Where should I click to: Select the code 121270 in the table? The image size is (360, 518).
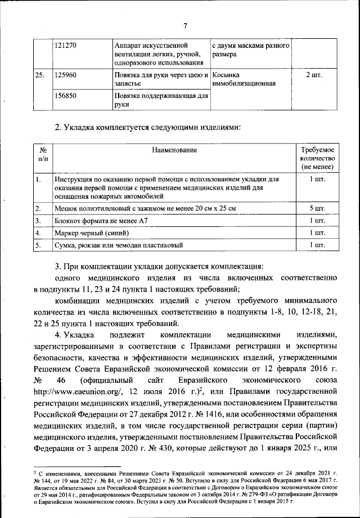(x=65, y=44)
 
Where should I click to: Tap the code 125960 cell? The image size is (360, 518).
(x=65, y=75)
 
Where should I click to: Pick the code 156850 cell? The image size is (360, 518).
(x=65, y=96)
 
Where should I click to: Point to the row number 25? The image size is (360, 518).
(x=40, y=75)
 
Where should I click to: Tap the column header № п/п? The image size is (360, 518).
(x=43, y=155)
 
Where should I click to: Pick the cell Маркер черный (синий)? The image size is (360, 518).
(x=92, y=233)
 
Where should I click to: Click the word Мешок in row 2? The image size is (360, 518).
(x=66, y=209)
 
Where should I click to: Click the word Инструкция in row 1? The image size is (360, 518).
(x=75, y=179)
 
